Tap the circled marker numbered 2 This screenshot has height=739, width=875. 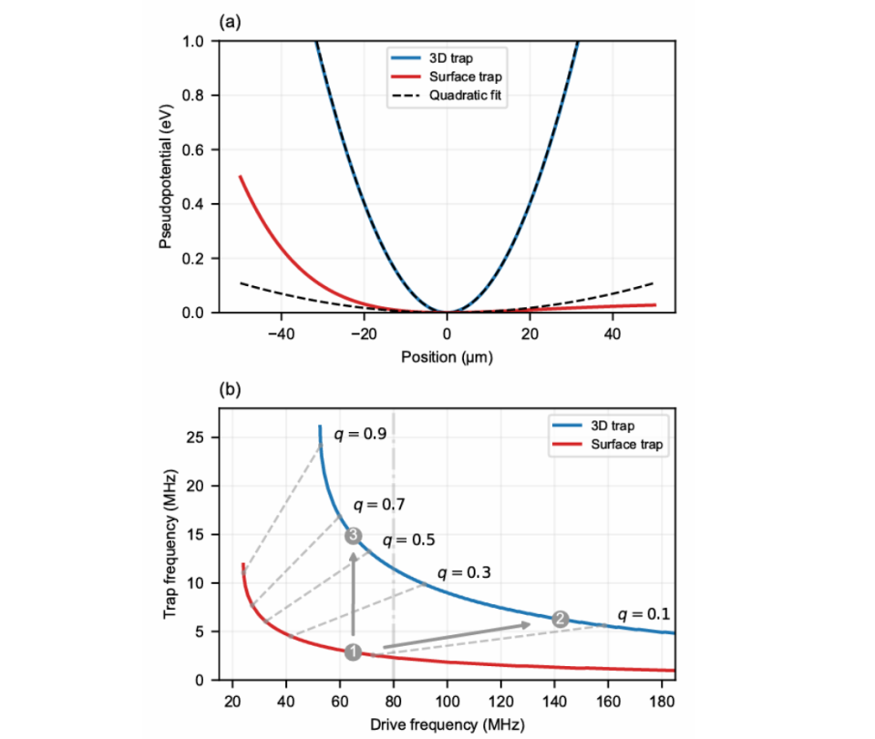pos(561,619)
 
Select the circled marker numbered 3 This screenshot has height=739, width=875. pos(354,536)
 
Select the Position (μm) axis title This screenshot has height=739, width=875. pos(447,355)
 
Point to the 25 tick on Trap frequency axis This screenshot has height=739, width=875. pos(201,437)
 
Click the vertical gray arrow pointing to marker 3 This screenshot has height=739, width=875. pos(354,592)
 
